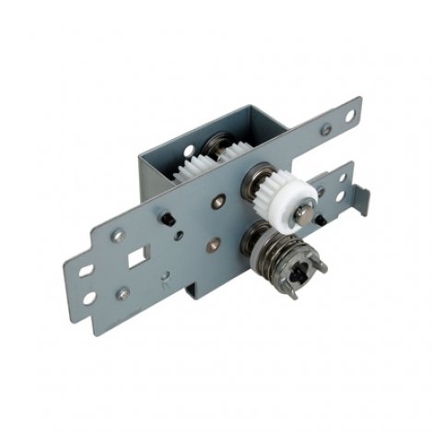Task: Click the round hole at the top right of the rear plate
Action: (x=350, y=115)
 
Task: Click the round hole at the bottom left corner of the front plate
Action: (x=89, y=298)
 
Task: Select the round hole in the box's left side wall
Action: (x=187, y=149)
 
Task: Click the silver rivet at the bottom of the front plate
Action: (x=123, y=294)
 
